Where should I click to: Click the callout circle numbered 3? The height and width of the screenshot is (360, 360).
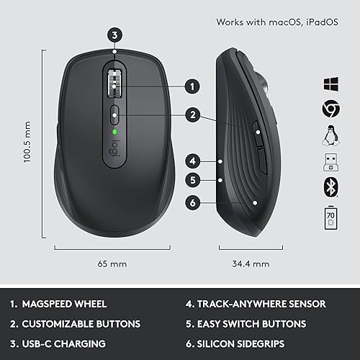click(x=114, y=34)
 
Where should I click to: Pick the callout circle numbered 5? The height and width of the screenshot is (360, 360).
click(x=192, y=180)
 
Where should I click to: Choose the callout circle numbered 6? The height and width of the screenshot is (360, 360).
click(x=192, y=203)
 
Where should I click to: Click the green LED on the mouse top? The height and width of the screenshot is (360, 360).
click(x=114, y=132)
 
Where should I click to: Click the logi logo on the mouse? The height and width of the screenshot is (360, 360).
click(x=114, y=148)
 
